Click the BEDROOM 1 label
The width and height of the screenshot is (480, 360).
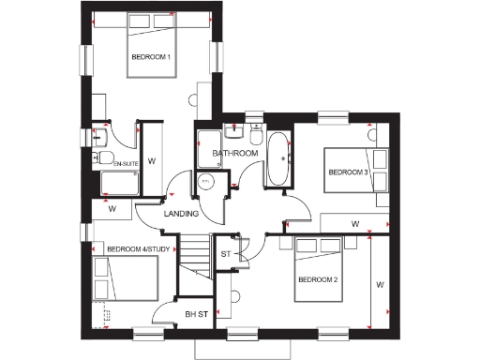(151, 58)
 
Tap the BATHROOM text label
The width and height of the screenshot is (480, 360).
(234, 153)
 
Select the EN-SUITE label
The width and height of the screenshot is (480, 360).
(126, 165)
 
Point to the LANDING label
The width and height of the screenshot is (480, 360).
(180, 214)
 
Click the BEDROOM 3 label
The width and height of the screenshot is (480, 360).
(348, 172)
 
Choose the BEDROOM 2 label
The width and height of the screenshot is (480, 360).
(318, 280)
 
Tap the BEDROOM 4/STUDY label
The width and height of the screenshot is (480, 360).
(139, 249)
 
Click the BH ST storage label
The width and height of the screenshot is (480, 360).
(195, 314)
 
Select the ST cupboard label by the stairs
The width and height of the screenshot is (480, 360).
(225, 253)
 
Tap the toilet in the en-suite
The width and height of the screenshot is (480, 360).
(106, 157)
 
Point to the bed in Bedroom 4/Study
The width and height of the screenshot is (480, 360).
(127, 278)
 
